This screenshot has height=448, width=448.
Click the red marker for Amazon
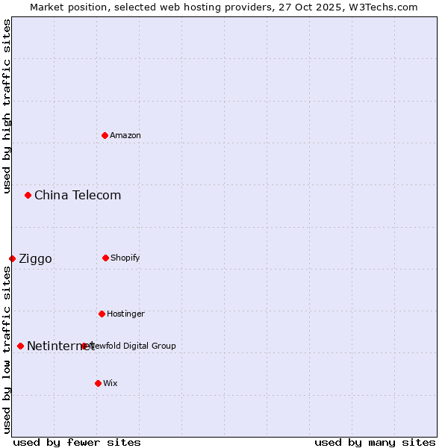105,135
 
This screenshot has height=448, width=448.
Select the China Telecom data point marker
28,195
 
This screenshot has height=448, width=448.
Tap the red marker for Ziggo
12,258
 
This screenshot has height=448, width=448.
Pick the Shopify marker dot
105,258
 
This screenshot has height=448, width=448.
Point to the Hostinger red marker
102,314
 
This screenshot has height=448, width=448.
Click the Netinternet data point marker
20,346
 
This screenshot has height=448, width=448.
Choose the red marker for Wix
98,383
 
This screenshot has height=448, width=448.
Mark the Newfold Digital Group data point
84,346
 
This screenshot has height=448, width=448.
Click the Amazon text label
125,135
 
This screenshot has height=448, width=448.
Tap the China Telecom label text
78,195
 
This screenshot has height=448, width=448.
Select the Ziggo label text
35,258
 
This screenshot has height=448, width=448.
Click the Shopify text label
125,258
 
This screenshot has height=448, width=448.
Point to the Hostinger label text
125,314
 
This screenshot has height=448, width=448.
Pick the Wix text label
111,383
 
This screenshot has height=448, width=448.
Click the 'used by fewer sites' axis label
77,442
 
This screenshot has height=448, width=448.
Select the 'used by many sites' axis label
375,442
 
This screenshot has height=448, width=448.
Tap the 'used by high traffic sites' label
7,106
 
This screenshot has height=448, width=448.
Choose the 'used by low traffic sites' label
7,349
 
